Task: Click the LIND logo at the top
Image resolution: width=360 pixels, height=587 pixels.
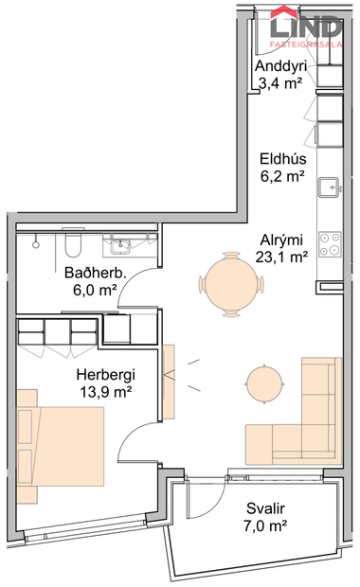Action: (306, 25)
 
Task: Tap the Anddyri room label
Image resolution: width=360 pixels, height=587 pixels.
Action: (280, 67)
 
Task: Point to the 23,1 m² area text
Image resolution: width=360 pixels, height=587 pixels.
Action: (281, 256)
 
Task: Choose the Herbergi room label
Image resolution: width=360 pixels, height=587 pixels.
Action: (103, 373)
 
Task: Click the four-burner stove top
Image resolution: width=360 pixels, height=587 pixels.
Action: (330, 243)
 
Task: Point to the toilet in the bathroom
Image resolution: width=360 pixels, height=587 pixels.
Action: (73, 246)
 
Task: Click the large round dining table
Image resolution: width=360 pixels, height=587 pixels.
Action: (231, 282)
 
